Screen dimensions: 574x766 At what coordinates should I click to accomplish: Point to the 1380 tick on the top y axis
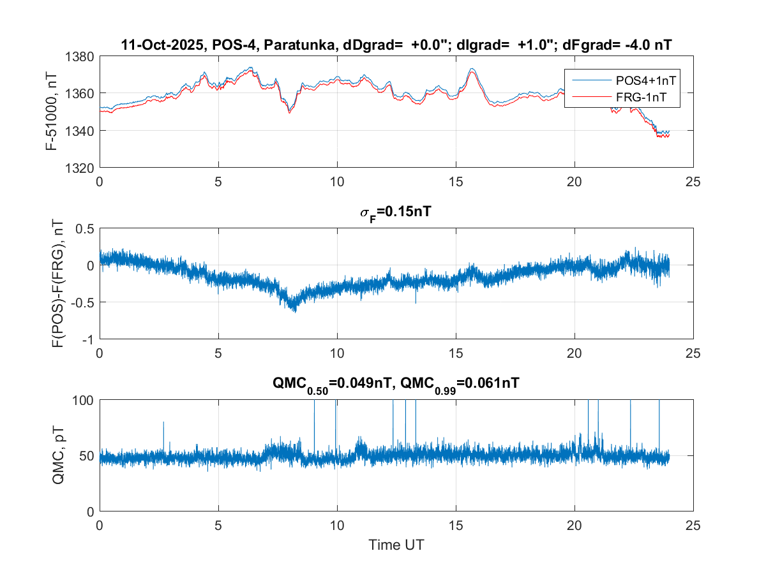tap(80, 56)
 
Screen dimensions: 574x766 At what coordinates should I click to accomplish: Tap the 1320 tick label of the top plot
tap(80, 168)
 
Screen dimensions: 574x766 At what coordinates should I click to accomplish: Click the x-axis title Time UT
tap(396, 545)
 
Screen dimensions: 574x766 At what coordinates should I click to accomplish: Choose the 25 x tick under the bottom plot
tap(693, 525)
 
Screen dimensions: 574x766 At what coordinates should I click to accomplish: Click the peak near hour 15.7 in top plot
tap(472, 69)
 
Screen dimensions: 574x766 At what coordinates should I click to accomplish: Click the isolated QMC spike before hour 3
tap(163, 422)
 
